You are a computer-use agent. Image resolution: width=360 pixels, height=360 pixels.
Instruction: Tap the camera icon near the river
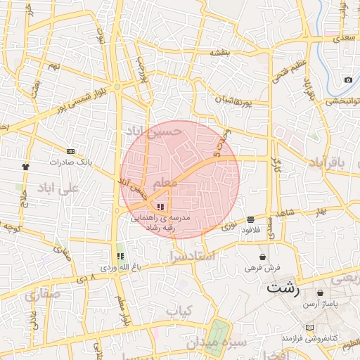(348, 80)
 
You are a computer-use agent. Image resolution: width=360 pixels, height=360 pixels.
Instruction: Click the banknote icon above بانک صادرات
(70, 151)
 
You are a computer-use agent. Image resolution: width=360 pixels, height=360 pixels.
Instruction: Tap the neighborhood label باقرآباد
(328, 162)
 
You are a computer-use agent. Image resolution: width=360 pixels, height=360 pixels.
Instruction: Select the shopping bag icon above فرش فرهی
(263, 257)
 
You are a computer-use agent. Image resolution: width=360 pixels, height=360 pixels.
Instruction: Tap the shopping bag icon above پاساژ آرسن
(321, 292)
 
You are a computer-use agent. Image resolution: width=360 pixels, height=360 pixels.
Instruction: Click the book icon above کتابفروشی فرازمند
(311, 328)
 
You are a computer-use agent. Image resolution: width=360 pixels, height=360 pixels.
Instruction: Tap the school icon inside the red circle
(161, 207)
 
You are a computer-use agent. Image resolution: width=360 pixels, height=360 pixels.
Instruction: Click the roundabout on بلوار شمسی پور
(117, 87)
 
